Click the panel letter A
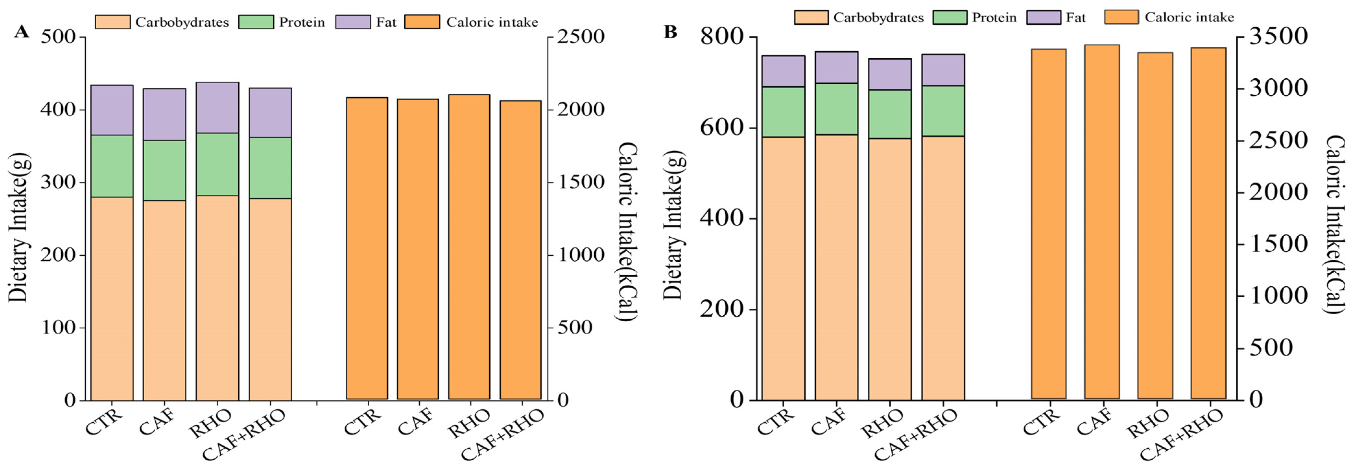(21, 32)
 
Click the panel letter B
(670, 32)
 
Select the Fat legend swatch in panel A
(352, 22)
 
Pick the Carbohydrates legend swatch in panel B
(811, 18)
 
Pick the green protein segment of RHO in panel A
(217, 164)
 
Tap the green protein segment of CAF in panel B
(837, 109)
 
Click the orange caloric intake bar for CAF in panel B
(1102, 221)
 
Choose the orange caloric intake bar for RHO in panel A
(469, 247)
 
